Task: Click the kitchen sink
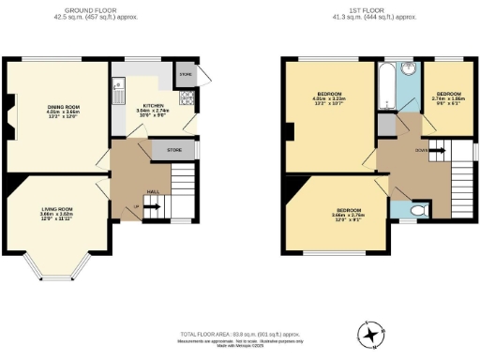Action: [x=117, y=91]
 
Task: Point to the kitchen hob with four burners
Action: [x=187, y=97]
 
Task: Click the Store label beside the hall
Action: [x=173, y=149]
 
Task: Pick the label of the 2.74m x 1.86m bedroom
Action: [x=448, y=97]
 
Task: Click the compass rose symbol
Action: [x=372, y=334]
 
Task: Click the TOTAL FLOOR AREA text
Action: [x=239, y=334]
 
